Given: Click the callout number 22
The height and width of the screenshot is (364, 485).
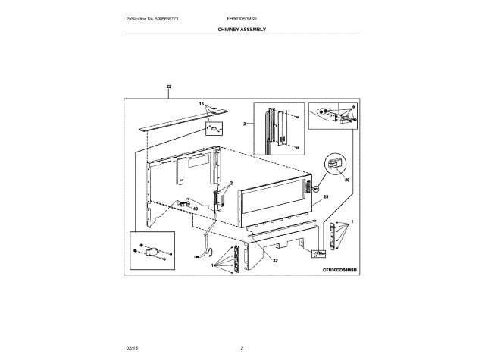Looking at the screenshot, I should click(168, 87).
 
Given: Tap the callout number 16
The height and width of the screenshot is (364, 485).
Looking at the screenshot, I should click(202, 103).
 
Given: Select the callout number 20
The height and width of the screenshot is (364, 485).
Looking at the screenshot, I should click(348, 180).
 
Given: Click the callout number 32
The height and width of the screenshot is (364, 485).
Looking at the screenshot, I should click(275, 260).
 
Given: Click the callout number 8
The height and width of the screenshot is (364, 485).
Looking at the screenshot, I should click(352, 108).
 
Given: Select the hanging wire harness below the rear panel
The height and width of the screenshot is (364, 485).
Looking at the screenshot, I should click(208, 243).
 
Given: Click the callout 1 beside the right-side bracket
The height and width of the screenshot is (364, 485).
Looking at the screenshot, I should click(352, 220).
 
